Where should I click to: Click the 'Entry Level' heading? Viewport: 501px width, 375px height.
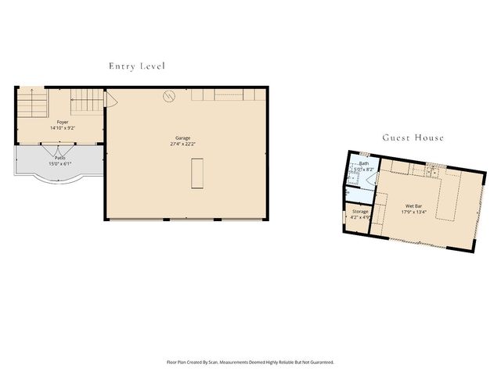137,66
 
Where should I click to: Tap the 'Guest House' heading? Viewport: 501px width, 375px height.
413,137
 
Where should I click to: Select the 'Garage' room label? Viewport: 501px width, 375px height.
182,137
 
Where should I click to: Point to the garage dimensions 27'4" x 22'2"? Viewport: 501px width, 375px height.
182,144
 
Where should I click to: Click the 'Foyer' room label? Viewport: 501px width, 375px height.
63,122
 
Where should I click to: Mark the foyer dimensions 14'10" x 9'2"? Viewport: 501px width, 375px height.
63,127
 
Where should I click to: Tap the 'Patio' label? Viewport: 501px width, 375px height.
60,158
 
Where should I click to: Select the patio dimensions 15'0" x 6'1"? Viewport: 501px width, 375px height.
60,163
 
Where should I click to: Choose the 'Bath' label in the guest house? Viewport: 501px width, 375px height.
364,163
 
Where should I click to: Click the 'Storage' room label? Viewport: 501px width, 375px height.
360,212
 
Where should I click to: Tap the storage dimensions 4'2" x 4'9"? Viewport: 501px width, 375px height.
360,217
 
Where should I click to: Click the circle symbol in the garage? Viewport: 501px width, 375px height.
168,96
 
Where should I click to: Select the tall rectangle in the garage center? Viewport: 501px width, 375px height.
196,173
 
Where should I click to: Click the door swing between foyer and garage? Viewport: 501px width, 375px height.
110,100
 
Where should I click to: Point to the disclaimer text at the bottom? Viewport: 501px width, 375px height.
250,362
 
